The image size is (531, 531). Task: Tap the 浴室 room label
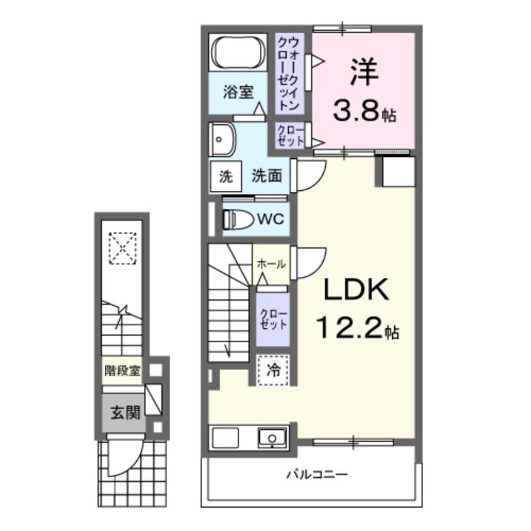tap(239, 92)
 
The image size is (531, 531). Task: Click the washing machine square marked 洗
tap(225, 176)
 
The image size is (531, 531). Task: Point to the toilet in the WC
tap(237, 219)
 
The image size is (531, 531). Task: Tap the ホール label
tap(271, 264)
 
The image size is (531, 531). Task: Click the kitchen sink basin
tap(272, 437)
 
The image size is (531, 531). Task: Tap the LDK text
tap(357, 292)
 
